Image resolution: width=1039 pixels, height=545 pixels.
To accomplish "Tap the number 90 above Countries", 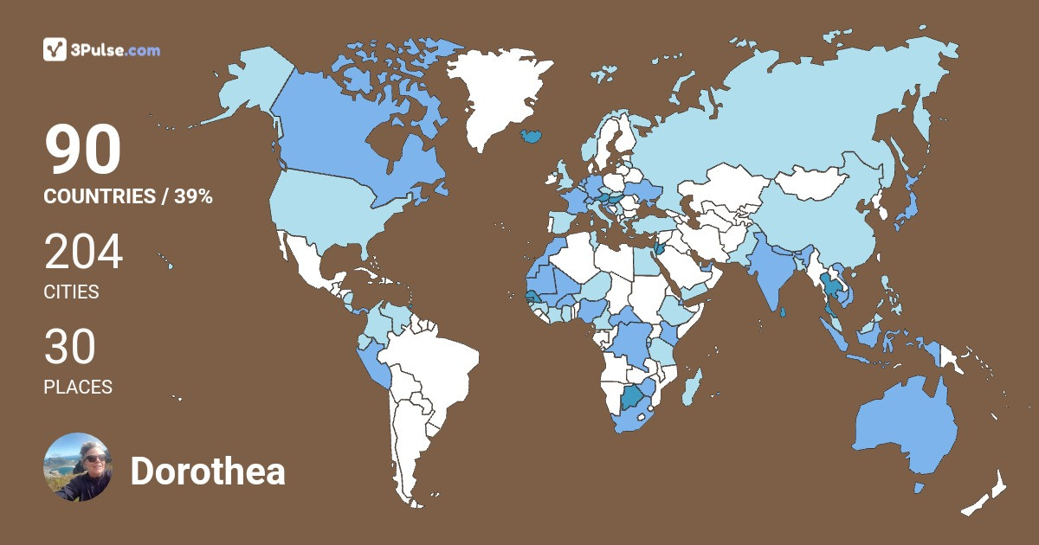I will [83, 151].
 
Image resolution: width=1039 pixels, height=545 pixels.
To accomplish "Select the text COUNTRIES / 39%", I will [128, 196].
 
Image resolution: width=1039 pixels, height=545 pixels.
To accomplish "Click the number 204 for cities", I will [84, 253].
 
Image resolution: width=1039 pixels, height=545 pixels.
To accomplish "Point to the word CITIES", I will [71, 292].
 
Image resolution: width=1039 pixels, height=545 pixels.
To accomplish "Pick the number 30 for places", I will [70, 348].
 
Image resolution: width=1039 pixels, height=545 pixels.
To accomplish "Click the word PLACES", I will [78, 388].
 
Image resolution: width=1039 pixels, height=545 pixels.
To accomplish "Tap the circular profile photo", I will [78, 467].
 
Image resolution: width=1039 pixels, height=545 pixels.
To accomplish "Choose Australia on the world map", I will [905, 428].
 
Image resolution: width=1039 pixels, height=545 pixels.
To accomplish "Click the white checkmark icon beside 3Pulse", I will [55, 50].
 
